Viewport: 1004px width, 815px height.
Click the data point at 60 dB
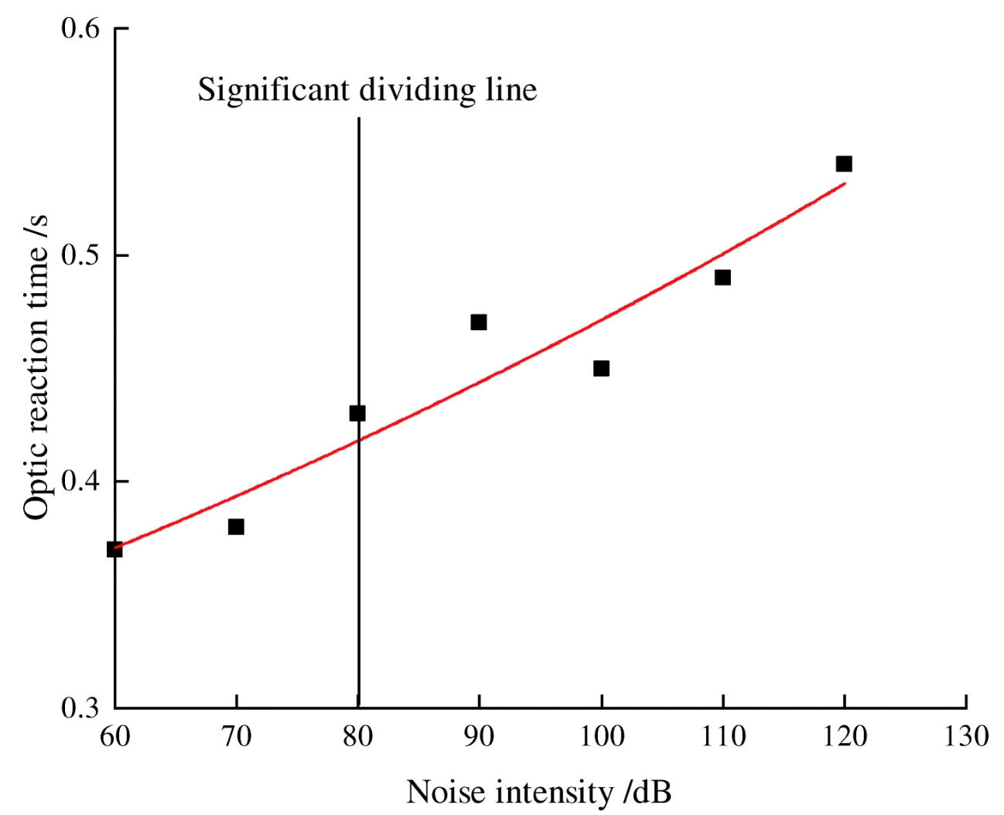tap(114, 549)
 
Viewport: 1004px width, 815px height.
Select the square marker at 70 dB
tap(236, 527)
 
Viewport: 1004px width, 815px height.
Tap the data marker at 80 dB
tap(357, 413)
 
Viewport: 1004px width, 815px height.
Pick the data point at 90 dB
tap(479, 322)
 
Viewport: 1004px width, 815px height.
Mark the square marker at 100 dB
tap(601, 368)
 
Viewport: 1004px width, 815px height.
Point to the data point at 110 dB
tap(722, 277)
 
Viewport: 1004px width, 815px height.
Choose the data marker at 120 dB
tap(844, 163)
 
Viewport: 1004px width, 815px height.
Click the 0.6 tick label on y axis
tap(80, 29)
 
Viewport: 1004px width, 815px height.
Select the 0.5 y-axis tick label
tap(80, 255)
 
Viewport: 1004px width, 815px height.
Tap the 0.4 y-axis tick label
tap(80, 482)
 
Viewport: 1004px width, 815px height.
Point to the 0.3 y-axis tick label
tap(80, 708)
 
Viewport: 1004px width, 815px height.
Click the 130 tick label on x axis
tap(966, 736)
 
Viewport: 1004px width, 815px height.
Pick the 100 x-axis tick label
tap(602, 736)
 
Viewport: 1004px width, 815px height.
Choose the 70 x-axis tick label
tap(237, 736)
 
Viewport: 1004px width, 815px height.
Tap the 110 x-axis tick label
tap(723, 736)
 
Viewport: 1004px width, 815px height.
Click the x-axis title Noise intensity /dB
tap(538, 793)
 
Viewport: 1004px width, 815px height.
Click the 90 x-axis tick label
tap(480, 736)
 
